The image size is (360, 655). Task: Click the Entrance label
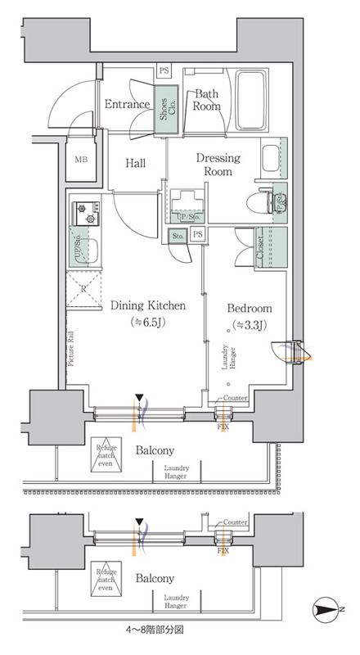pos(127,104)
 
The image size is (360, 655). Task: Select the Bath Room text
pos(206,100)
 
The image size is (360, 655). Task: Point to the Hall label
pos(136,164)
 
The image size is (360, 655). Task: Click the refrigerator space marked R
pos(83,289)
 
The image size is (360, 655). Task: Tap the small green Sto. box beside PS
pos(177,237)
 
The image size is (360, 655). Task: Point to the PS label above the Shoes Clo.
pos(164,72)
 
